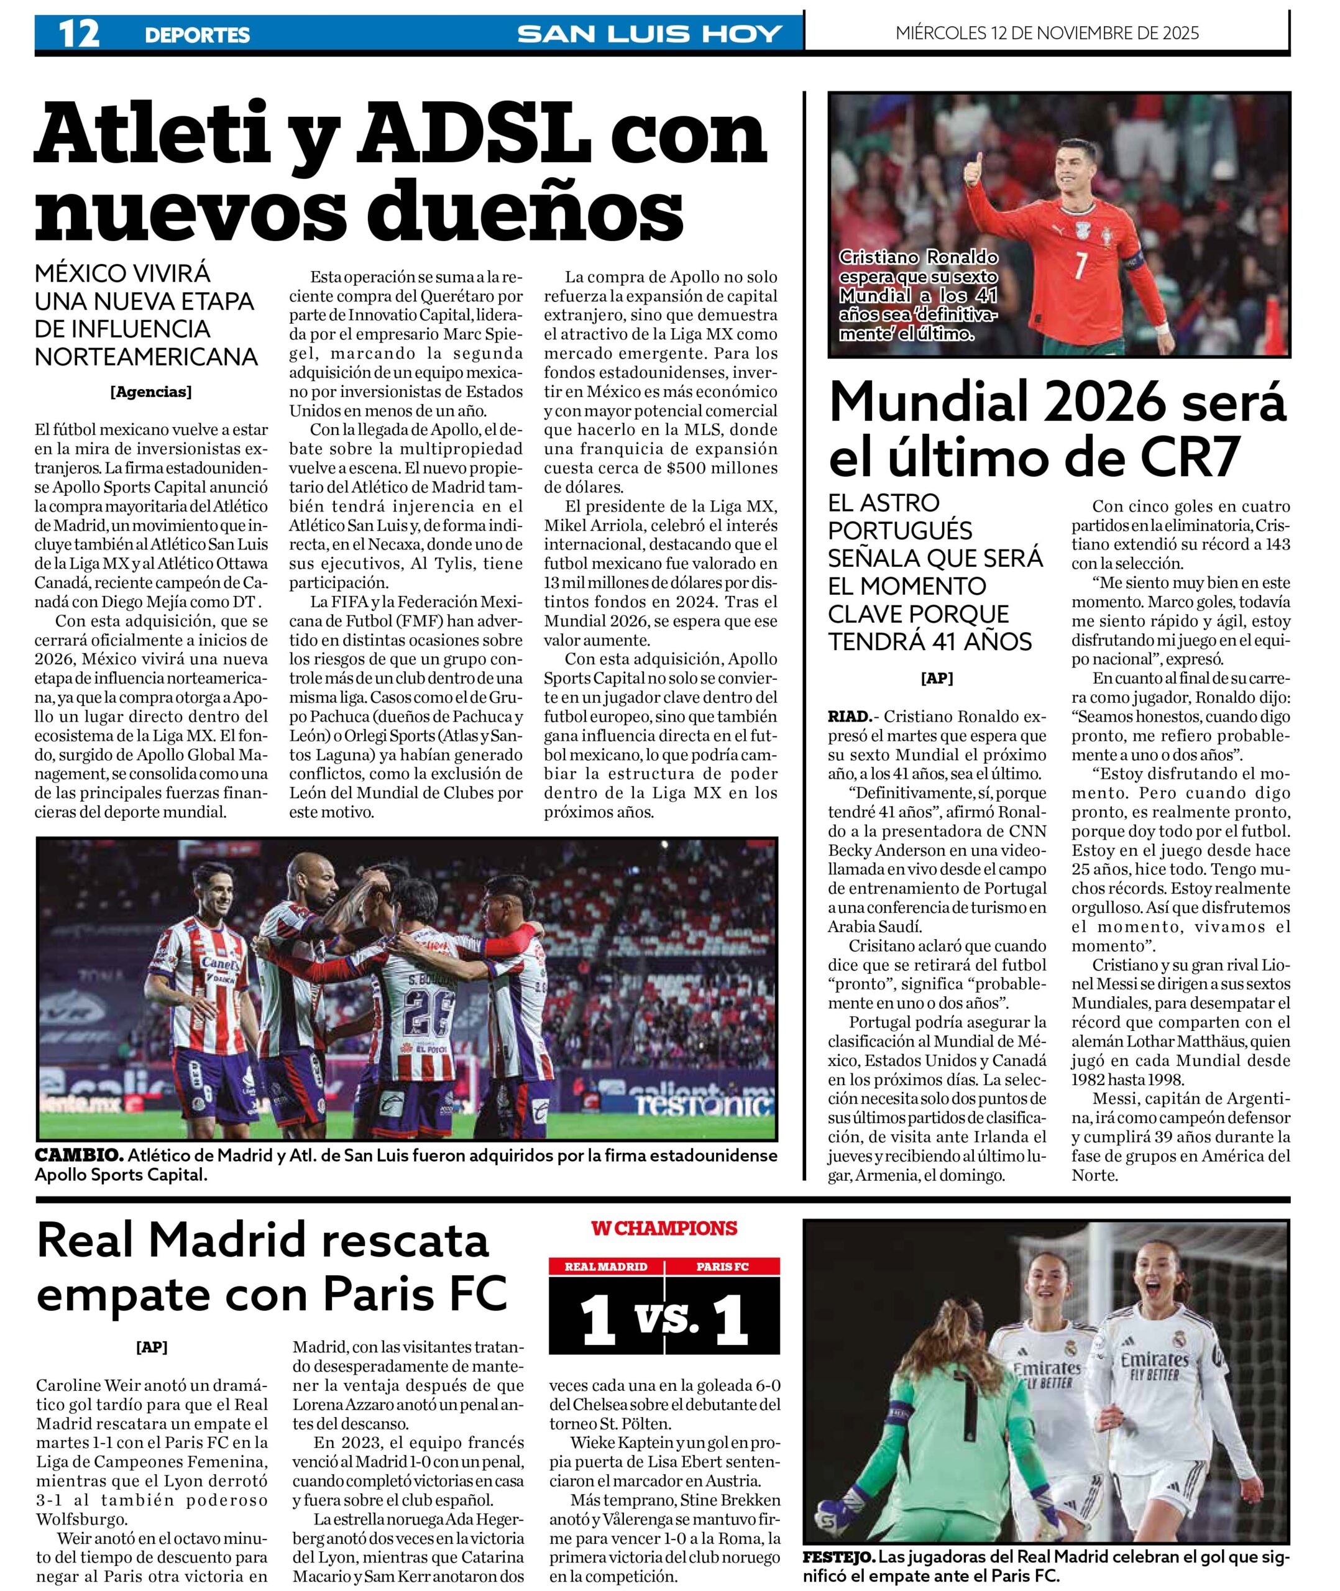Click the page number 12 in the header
pos(78,34)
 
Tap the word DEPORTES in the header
pos(197,35)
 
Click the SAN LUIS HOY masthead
pos(649,34)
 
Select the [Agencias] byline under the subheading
pos(150,392)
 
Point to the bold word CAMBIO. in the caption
pos(78,1155)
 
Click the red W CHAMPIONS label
pos(664,1228)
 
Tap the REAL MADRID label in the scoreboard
pos(605,1267)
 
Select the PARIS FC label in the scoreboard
pos(722,1267)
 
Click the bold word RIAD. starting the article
pos(848,715)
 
